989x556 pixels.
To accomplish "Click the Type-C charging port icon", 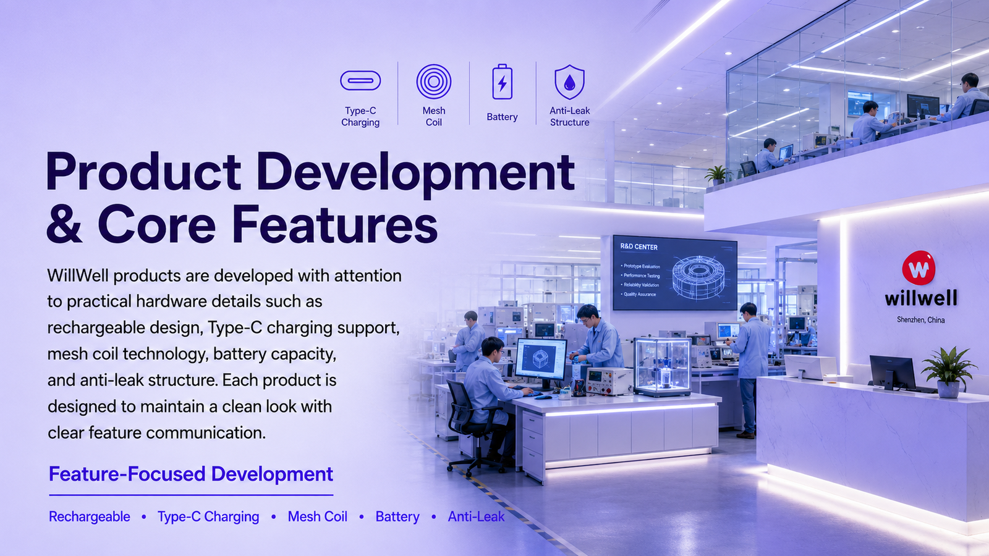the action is [360, 81].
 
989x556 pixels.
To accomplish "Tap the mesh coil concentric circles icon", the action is [433, 82].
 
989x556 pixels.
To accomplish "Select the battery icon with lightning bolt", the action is [503, 82].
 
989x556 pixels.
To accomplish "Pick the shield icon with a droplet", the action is [569, 82].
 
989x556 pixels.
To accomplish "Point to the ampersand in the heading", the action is [64, 224].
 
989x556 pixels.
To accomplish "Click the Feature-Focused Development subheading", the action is [191, 474].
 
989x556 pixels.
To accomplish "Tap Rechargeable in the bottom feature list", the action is [90, 516].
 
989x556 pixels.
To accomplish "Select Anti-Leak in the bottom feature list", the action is [476, 516].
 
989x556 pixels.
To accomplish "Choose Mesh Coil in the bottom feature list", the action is [318, 516].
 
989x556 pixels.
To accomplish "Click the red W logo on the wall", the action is [919, 268].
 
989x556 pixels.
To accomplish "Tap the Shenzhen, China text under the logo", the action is [920, 320].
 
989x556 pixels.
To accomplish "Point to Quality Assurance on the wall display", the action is [639, 294].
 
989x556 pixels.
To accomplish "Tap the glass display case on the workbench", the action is [662, 367].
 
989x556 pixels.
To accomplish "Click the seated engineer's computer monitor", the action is [541, 360].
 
